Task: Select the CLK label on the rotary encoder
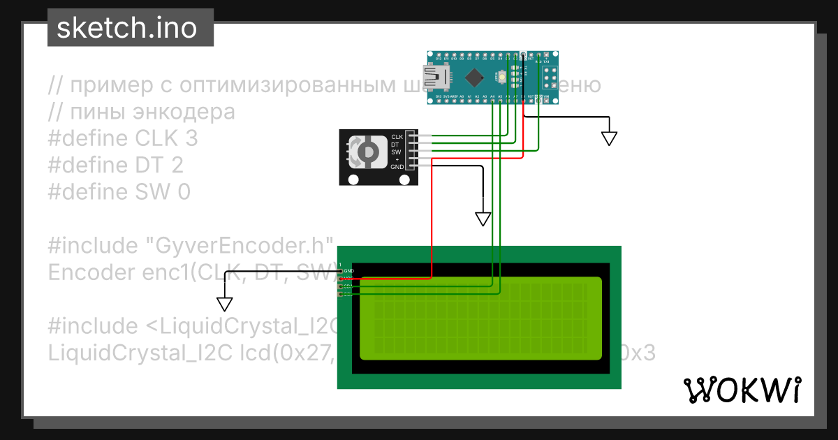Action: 397,136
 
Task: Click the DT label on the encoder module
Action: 395,144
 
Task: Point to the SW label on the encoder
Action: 396,152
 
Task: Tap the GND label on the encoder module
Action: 397,167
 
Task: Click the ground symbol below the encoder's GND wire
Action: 483,219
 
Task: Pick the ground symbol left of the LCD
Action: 224,303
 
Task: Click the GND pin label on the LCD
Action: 349,270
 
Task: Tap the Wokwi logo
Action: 742,390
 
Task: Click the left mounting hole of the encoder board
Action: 352,179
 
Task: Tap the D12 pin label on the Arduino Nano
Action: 439,58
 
